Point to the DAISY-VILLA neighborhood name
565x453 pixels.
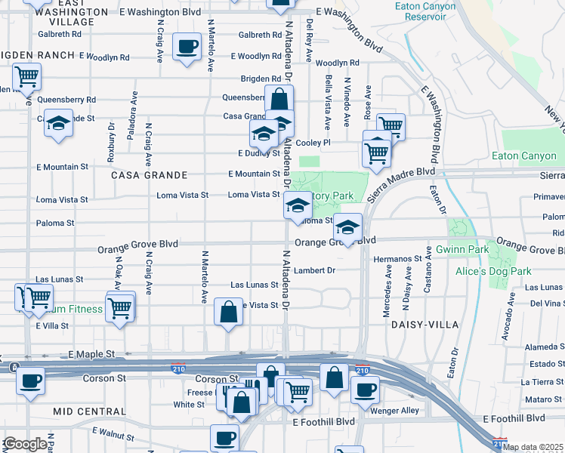coord(418,324)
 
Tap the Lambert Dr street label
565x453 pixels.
coord(314,270)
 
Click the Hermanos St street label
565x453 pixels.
coord(397,258)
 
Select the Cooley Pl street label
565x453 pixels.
coord(313,142)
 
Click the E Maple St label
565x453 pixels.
coord(91,353)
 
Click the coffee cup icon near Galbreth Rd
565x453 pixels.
coord(186,46)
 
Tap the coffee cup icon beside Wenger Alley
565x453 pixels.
coord(366,390)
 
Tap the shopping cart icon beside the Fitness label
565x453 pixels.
coord(120,307)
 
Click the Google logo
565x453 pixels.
coord(25,444)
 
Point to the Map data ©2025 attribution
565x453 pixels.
coord(533,447)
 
